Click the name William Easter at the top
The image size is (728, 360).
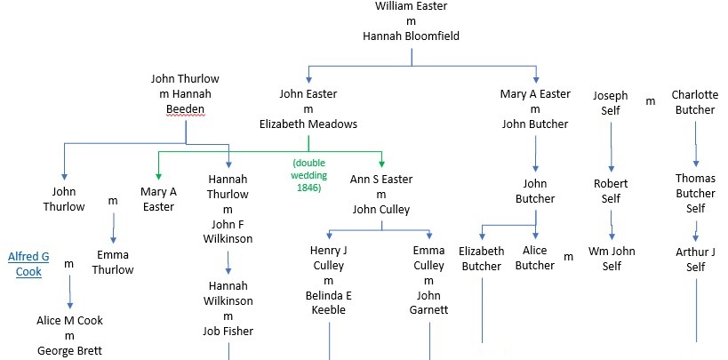pyautogui.click(x=411, y=6)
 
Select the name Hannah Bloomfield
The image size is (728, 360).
pyautogui.click(x=411, y=36)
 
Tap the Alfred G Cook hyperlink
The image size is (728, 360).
pyautogui.click(x=28, y=265)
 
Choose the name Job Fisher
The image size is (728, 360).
pyautogui.click(x=228, y=331)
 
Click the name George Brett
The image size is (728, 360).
pyautogui.click(x=69, y=350)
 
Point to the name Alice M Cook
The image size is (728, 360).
pyautogui.click(x=69, y=321)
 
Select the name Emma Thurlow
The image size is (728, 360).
pyautogui.click(x=113, y=261)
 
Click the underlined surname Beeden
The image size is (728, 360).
pyautogui.click(x=185, y=109)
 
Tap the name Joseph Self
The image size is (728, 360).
pyautogui.click(x=611, y=102)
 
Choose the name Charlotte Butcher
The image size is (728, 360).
pyautogui.click(x=693, y=102)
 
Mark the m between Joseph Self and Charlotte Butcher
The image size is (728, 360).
pyautogui.click(x=650, y=100)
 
